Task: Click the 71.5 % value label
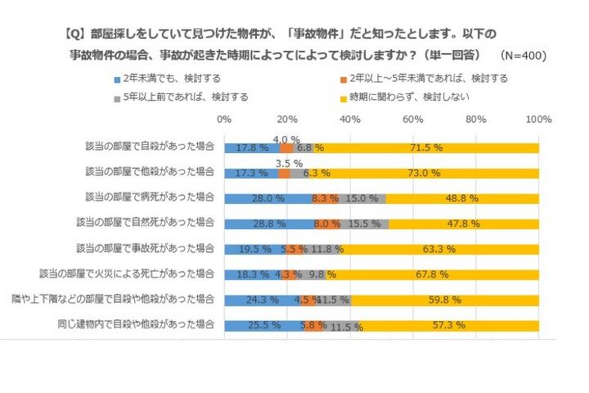[426, 148]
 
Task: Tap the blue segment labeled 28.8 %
[268, 223]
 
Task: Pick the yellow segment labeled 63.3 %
[439, 248]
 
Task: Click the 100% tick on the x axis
[538, 120]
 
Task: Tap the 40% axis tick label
[350, 120]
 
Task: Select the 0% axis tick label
[224, 120]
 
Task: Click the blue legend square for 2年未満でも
[119, 80]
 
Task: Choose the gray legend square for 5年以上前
[119, 97]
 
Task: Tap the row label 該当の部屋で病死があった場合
[150, 197]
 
